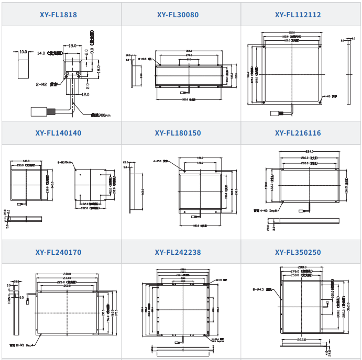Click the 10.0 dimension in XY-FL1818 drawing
click(x=23, y=52)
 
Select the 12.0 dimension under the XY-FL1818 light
click(x=85, y=95)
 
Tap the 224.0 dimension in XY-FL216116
click(x=311, y=152)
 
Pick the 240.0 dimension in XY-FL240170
click(x=67, y=274)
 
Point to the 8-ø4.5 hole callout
click(x=257, y=288)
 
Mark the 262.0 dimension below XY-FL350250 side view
click(x=300, y=340)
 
